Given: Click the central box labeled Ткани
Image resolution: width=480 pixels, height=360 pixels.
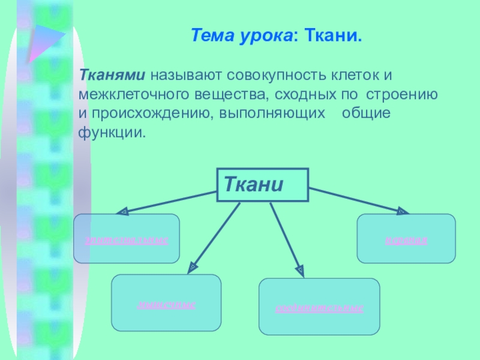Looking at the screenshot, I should point(262,184).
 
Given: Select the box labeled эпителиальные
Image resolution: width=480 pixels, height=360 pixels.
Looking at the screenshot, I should point(126,239).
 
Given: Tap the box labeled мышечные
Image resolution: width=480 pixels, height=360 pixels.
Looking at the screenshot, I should point(166,304).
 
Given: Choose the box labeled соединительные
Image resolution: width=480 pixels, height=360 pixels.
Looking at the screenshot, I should point(319,307).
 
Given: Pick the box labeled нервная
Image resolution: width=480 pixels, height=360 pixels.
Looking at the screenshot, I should point(406,239).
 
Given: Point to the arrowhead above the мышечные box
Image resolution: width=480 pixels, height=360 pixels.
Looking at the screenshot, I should point(193,265).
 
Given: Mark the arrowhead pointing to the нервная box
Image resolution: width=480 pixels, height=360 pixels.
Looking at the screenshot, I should point(402,211).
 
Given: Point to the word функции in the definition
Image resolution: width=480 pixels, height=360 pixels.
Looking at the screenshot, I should point(112,131).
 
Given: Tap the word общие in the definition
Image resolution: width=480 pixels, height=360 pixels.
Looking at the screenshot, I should point(366,113).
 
